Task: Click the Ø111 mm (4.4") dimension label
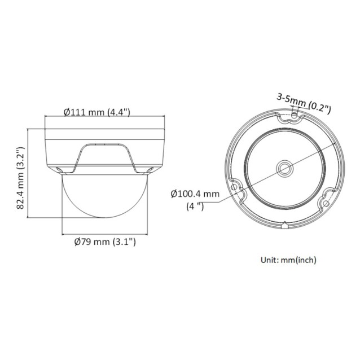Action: click(97, 112)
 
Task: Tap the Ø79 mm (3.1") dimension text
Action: click(105, 242)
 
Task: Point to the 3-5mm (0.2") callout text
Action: click(303, 102)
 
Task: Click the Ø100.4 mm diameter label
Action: click(195, 194)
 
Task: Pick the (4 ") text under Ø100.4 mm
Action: click(195, 206)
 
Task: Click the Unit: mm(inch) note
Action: click(288, 260)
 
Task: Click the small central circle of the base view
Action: click(283, 168)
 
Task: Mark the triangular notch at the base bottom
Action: click(284, 227)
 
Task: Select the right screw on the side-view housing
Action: click(151, 169)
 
